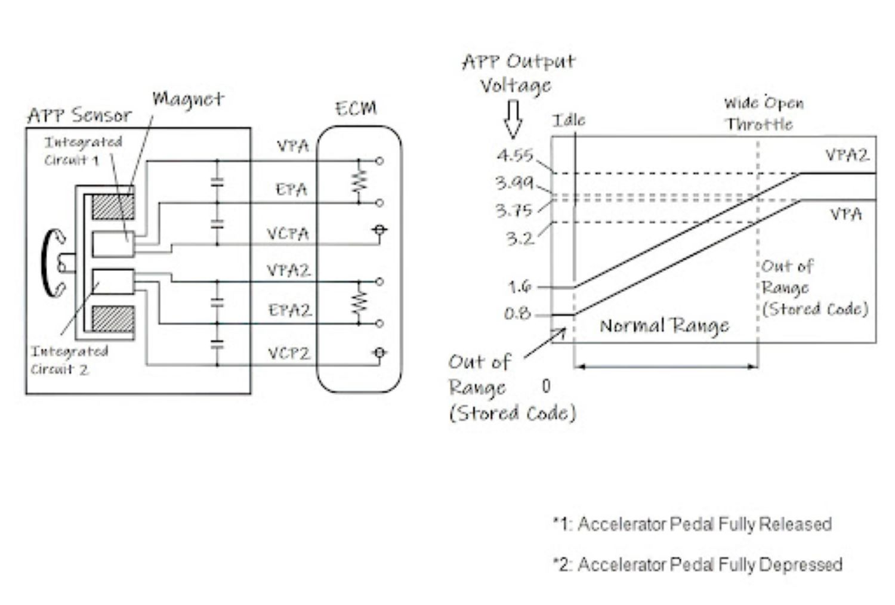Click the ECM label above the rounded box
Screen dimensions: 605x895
point(356,109)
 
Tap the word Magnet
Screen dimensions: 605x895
point(188,99)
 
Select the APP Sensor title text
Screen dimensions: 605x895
point(79,115)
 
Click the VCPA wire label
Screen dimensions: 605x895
point(288,234)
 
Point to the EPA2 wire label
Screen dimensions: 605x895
point(289,310)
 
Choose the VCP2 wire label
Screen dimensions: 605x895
point(289,354)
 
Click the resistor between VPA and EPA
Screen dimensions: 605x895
point(359,182)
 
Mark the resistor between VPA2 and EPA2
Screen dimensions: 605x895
point(359,302)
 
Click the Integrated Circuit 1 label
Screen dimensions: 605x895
point(82,151)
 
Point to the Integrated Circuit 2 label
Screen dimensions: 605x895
point(69,360)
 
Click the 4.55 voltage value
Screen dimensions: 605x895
point(514,155)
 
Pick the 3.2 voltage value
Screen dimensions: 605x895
point(519,239)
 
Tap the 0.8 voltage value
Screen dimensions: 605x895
point(517,313)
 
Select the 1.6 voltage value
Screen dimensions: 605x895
point(519,287)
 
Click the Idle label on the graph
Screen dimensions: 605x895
point(568,120)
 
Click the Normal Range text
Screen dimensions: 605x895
point(664,326)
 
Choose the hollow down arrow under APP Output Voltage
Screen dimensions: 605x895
point(513,119)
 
